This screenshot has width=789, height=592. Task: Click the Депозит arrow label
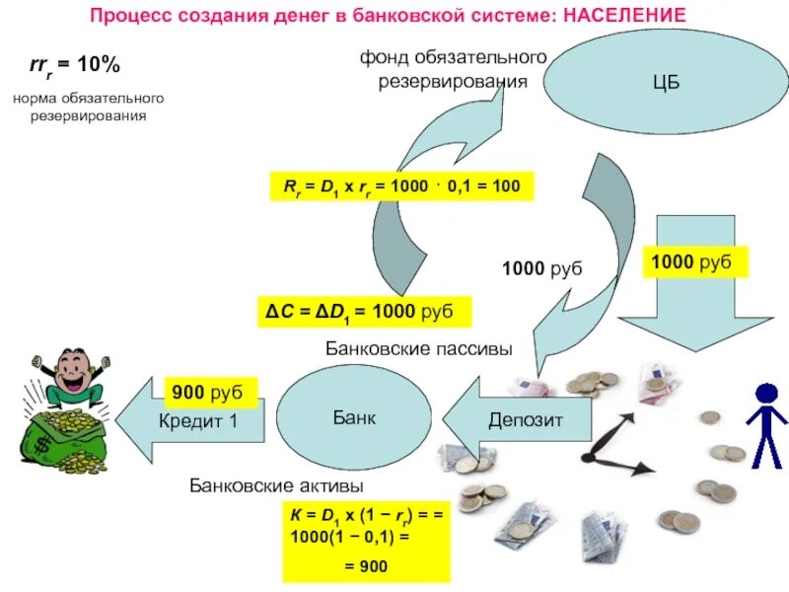pos(526,419)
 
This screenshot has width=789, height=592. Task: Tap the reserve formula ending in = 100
pos(401,185)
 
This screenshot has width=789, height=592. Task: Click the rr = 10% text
pos(74,66)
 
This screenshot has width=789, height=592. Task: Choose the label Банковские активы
pos(277,486)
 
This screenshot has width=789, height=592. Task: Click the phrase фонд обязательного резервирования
pos(453,69)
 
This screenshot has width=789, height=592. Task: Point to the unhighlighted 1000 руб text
pos(542,268)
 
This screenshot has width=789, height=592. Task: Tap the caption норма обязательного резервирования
pos(88,108)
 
